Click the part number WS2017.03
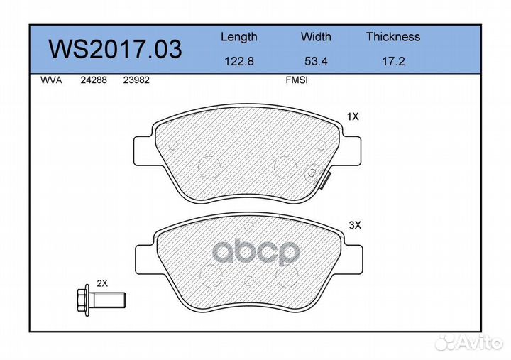(x=115, y=49)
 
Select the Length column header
(x=239, y=37)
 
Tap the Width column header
(x=316, y=36)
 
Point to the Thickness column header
(x=393, y=36)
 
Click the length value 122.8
(x=239, y=61)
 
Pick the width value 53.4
(x=316, y=61)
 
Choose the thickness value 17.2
(x=393, y=61)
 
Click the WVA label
(x=51, y=80)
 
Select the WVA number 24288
(x=94, y=80)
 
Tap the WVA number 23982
(x=136, y=80)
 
